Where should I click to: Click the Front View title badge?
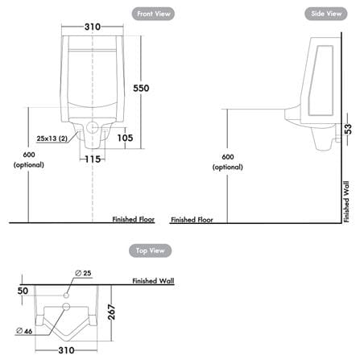click(x=153, y=14)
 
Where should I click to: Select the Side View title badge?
click(x=326, y=14)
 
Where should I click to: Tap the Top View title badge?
click(x=150, y=250)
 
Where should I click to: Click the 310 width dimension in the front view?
click(x=93, y=27)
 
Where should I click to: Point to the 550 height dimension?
click(x=141, y=88)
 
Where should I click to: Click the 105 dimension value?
click(x=125, y=138)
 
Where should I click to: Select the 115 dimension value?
click(x=93, y=159)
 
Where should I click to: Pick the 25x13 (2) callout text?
click(x=52, y=139)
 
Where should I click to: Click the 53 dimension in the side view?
click(x=347, y=129)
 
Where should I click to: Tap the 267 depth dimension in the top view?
click(x=111, y=312)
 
